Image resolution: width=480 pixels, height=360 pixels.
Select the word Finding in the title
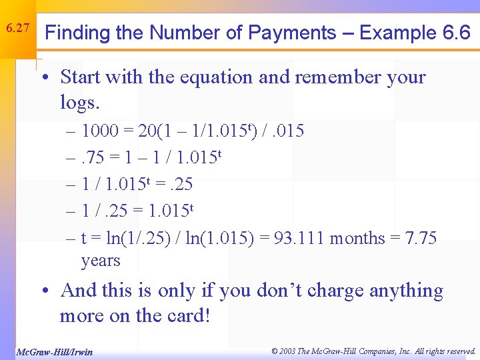(79, 33)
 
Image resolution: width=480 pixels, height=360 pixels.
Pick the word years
(101, 261)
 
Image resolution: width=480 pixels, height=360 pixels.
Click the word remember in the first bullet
(334, 77)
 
